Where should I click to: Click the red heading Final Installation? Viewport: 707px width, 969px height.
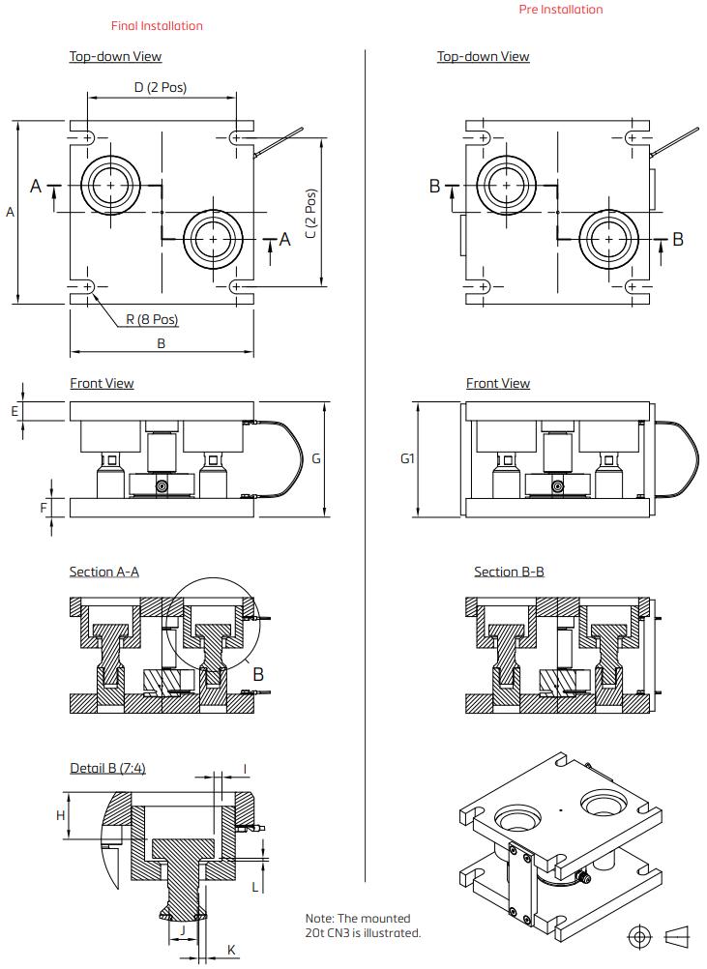click(x=157, y=26)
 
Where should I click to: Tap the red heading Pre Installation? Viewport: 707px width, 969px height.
click(x=560, y=10)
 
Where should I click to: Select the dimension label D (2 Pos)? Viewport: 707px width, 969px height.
click(x=161, y=87)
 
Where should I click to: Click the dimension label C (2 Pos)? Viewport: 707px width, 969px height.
click(x=310, y=214)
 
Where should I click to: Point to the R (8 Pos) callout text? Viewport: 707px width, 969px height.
click(x=152, y=319)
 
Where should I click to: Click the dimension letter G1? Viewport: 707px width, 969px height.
click(x=407, y=458)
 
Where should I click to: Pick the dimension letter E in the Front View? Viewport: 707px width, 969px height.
click(x=15, y=411)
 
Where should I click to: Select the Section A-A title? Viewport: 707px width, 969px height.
click(x=103, y=572)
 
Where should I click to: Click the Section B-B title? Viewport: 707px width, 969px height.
click(x=509, y=572)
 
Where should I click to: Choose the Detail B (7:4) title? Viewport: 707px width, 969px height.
click(x=107, y=769)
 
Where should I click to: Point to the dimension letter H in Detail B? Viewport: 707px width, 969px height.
click(x=60, y=815)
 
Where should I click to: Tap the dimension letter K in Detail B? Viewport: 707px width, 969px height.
click(x=231, y=951)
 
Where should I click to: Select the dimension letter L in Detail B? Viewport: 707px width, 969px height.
click(x=254, y=886)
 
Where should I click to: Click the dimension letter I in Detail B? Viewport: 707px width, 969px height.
click(x=245, y=770)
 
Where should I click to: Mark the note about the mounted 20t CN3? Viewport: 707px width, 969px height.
click(x=363, y=925)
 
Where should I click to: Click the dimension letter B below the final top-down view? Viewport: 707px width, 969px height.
click(x=162, y=343)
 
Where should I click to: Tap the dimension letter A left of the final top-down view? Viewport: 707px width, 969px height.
click(x=11, y=212)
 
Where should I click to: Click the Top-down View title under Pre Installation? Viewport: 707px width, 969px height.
click(x=483, y=56)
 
